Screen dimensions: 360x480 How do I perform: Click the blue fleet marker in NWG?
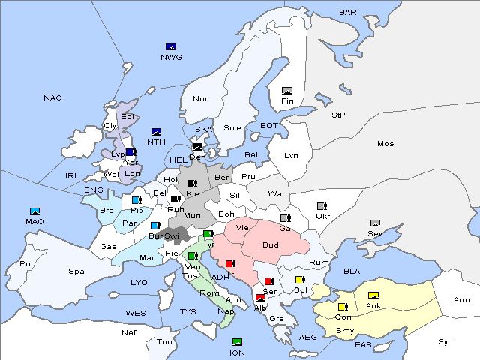point(170,47)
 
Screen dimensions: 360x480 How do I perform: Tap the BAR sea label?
point(348,13)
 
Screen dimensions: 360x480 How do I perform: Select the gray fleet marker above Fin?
point(286,91)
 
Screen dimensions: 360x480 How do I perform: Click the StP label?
point(338,115)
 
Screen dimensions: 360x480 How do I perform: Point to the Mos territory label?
point(385,143)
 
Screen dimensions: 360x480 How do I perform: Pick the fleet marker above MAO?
point(34,212)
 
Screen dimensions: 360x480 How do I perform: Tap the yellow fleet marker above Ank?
point(373,295)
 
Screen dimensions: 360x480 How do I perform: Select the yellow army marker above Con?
point(343,307)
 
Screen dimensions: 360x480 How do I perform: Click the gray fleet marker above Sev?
point(375,223)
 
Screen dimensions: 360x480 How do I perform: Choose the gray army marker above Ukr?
point(322,206)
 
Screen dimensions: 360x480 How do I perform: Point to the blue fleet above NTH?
point(157,132)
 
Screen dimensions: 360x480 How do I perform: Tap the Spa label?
point(76,271)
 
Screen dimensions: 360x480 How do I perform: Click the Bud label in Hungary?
point(270,245)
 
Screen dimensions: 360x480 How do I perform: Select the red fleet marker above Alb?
point(260,298)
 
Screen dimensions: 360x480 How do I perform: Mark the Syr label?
point(445,341)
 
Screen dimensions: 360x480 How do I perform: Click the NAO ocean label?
point(52,98)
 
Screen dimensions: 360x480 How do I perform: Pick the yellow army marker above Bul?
point(300,280)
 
